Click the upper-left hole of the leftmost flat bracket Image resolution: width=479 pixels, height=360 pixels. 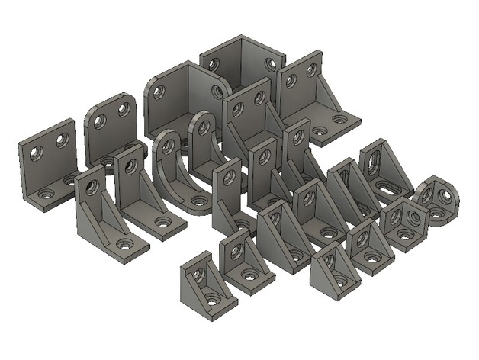[x=35, y=153]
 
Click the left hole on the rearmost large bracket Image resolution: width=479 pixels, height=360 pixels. [x=214, y=65]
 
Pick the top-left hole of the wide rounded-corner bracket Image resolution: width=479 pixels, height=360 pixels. [x=158, y=92]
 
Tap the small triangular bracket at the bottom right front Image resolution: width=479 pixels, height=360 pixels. [x=333, y=271]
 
